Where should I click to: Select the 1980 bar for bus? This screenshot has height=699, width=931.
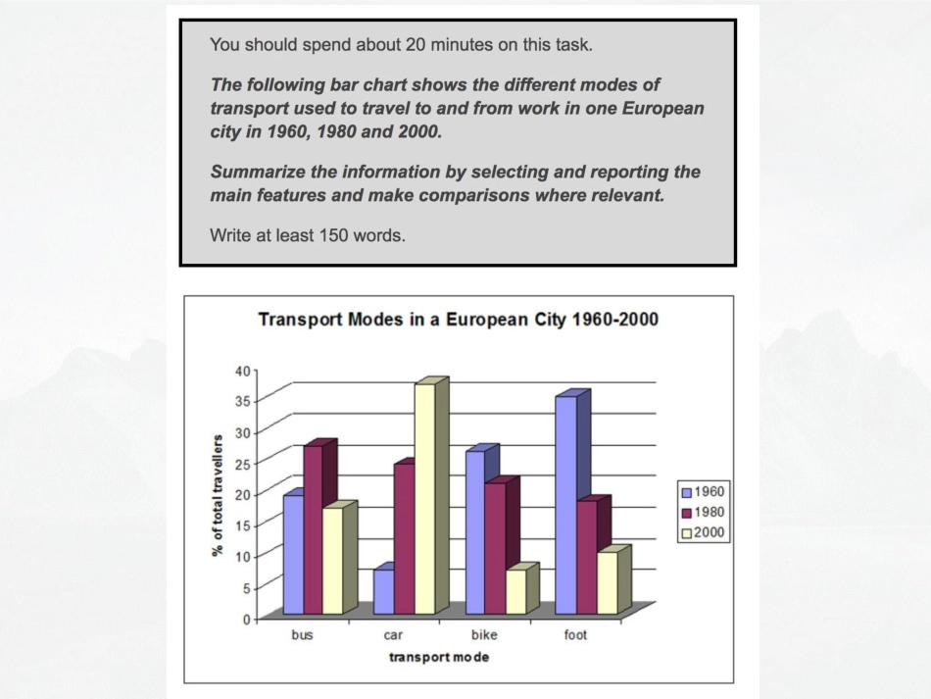point(313,529)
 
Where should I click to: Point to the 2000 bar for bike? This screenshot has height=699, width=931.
point(516,591)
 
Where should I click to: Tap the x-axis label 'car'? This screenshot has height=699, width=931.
point(393,635)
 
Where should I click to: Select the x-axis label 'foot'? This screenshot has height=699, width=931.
point(575,635)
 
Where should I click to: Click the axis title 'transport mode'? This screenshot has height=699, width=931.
point(439,657)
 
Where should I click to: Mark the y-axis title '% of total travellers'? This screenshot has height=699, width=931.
point(218,495)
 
